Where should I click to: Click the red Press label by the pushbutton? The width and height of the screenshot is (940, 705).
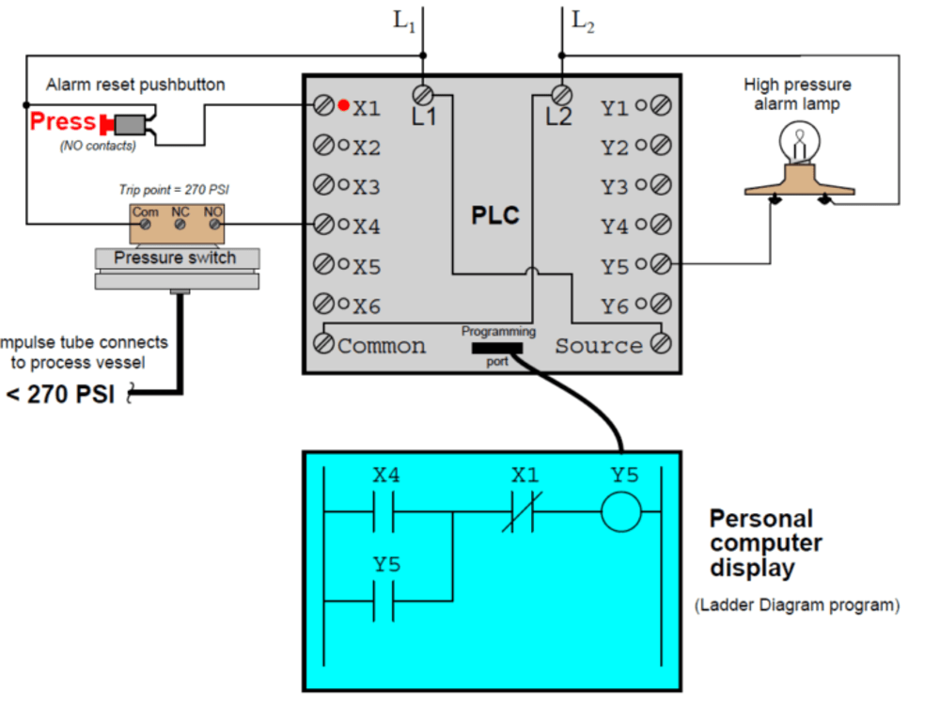(63, 121)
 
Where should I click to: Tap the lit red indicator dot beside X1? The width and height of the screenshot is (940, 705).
(344, 104)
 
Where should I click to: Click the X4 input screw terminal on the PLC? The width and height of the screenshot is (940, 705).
(323, 225)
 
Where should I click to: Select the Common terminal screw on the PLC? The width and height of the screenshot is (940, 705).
(323, 344)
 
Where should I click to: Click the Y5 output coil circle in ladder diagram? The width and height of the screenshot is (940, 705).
(621, 514)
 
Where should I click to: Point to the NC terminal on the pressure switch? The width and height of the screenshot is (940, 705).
(180, 225)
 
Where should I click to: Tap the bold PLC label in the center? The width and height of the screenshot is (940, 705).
(495, 216)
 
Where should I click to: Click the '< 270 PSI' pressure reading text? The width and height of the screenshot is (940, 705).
(60, 394)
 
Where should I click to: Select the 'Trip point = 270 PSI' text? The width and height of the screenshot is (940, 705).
(174, 189)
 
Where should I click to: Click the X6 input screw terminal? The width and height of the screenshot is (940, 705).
(323, 305)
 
